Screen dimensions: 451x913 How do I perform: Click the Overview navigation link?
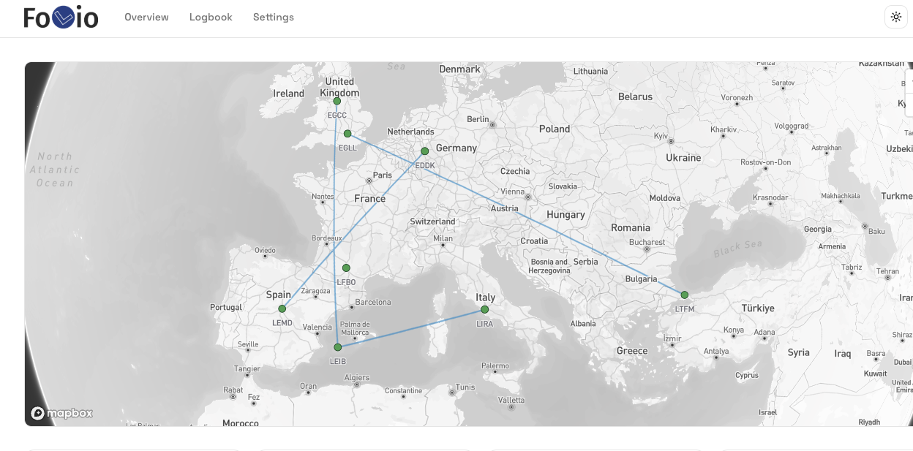146,17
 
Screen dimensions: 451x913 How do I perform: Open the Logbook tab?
211,17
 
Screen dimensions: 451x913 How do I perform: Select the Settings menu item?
274,17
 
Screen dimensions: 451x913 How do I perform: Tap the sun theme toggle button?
895,17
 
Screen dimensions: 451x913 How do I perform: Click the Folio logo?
61,17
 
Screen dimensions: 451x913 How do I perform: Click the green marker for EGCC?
337,101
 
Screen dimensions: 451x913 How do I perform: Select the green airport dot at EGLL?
347,134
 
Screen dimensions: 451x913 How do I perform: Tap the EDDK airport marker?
424,151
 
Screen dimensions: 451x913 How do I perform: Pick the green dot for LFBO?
346,268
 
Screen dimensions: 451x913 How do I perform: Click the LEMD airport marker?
282,308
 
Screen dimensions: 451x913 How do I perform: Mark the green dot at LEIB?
337,347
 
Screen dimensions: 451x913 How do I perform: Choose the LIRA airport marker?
484,309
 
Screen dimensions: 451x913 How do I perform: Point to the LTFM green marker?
685,295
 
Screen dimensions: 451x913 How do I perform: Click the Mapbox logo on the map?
62,413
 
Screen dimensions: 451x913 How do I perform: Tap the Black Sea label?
738,248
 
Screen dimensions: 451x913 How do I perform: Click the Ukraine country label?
683,158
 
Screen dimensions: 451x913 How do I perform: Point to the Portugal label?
226,308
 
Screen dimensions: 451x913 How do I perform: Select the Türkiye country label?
758,308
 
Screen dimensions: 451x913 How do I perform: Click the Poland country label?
555,129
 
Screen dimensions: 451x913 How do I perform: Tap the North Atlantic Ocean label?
55,170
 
